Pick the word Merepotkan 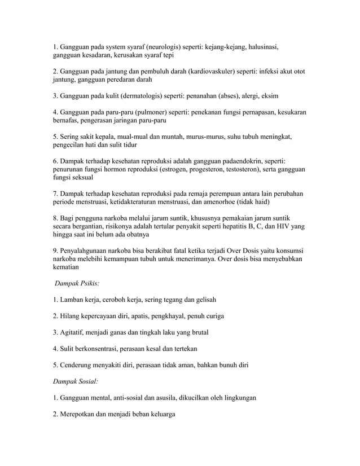point(73,414)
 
